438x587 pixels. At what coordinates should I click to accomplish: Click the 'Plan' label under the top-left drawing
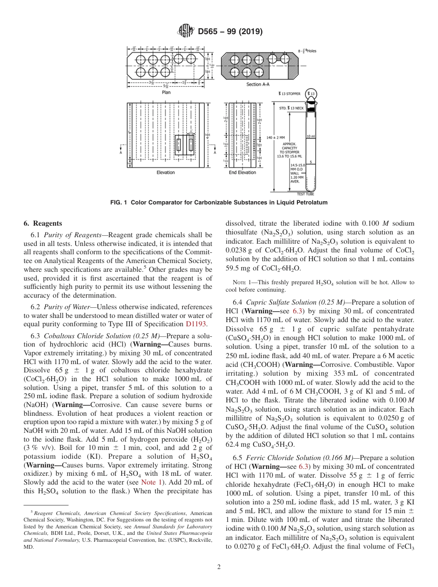point(166,92)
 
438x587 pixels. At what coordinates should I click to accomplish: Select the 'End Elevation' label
point(242,173)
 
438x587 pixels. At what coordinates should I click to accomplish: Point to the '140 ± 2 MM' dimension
point(276,138)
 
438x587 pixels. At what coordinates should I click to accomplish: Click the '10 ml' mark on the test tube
point(310,137)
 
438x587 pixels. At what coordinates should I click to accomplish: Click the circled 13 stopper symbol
point(312,95)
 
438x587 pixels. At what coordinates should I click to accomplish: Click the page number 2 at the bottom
point(219,567)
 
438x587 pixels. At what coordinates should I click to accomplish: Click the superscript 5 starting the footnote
point(31,511)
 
